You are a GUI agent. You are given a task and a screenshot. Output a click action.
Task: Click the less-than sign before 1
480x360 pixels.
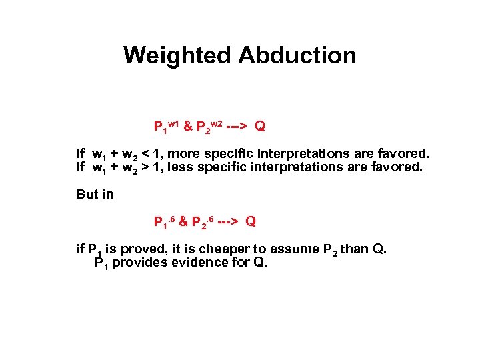pyautogui.click(x=147, y=154)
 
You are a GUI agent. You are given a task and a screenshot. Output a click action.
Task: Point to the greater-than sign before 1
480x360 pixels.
pyautogui.click(x=147, y=167)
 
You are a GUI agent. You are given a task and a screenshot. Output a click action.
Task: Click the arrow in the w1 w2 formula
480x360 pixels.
pyautogui.click(x=237, y=126)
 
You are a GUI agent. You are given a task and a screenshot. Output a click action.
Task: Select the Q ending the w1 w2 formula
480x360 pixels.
pyautogui.click(x=260, y=126)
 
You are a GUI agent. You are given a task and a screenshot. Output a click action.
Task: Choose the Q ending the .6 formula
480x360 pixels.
pyautogui.click(x=251, y=221)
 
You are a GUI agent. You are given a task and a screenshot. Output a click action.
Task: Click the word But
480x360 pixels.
pyautogui.click(x=87, y=195)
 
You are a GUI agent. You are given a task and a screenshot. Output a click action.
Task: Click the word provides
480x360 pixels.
pyautogui.click(x=139, y=263)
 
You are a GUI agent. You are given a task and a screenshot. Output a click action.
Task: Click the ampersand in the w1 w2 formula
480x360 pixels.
pyautogui.click(x=187, y=126)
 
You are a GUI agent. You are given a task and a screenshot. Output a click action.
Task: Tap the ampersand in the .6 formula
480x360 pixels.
pyautogui.click(x=183, y=221)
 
